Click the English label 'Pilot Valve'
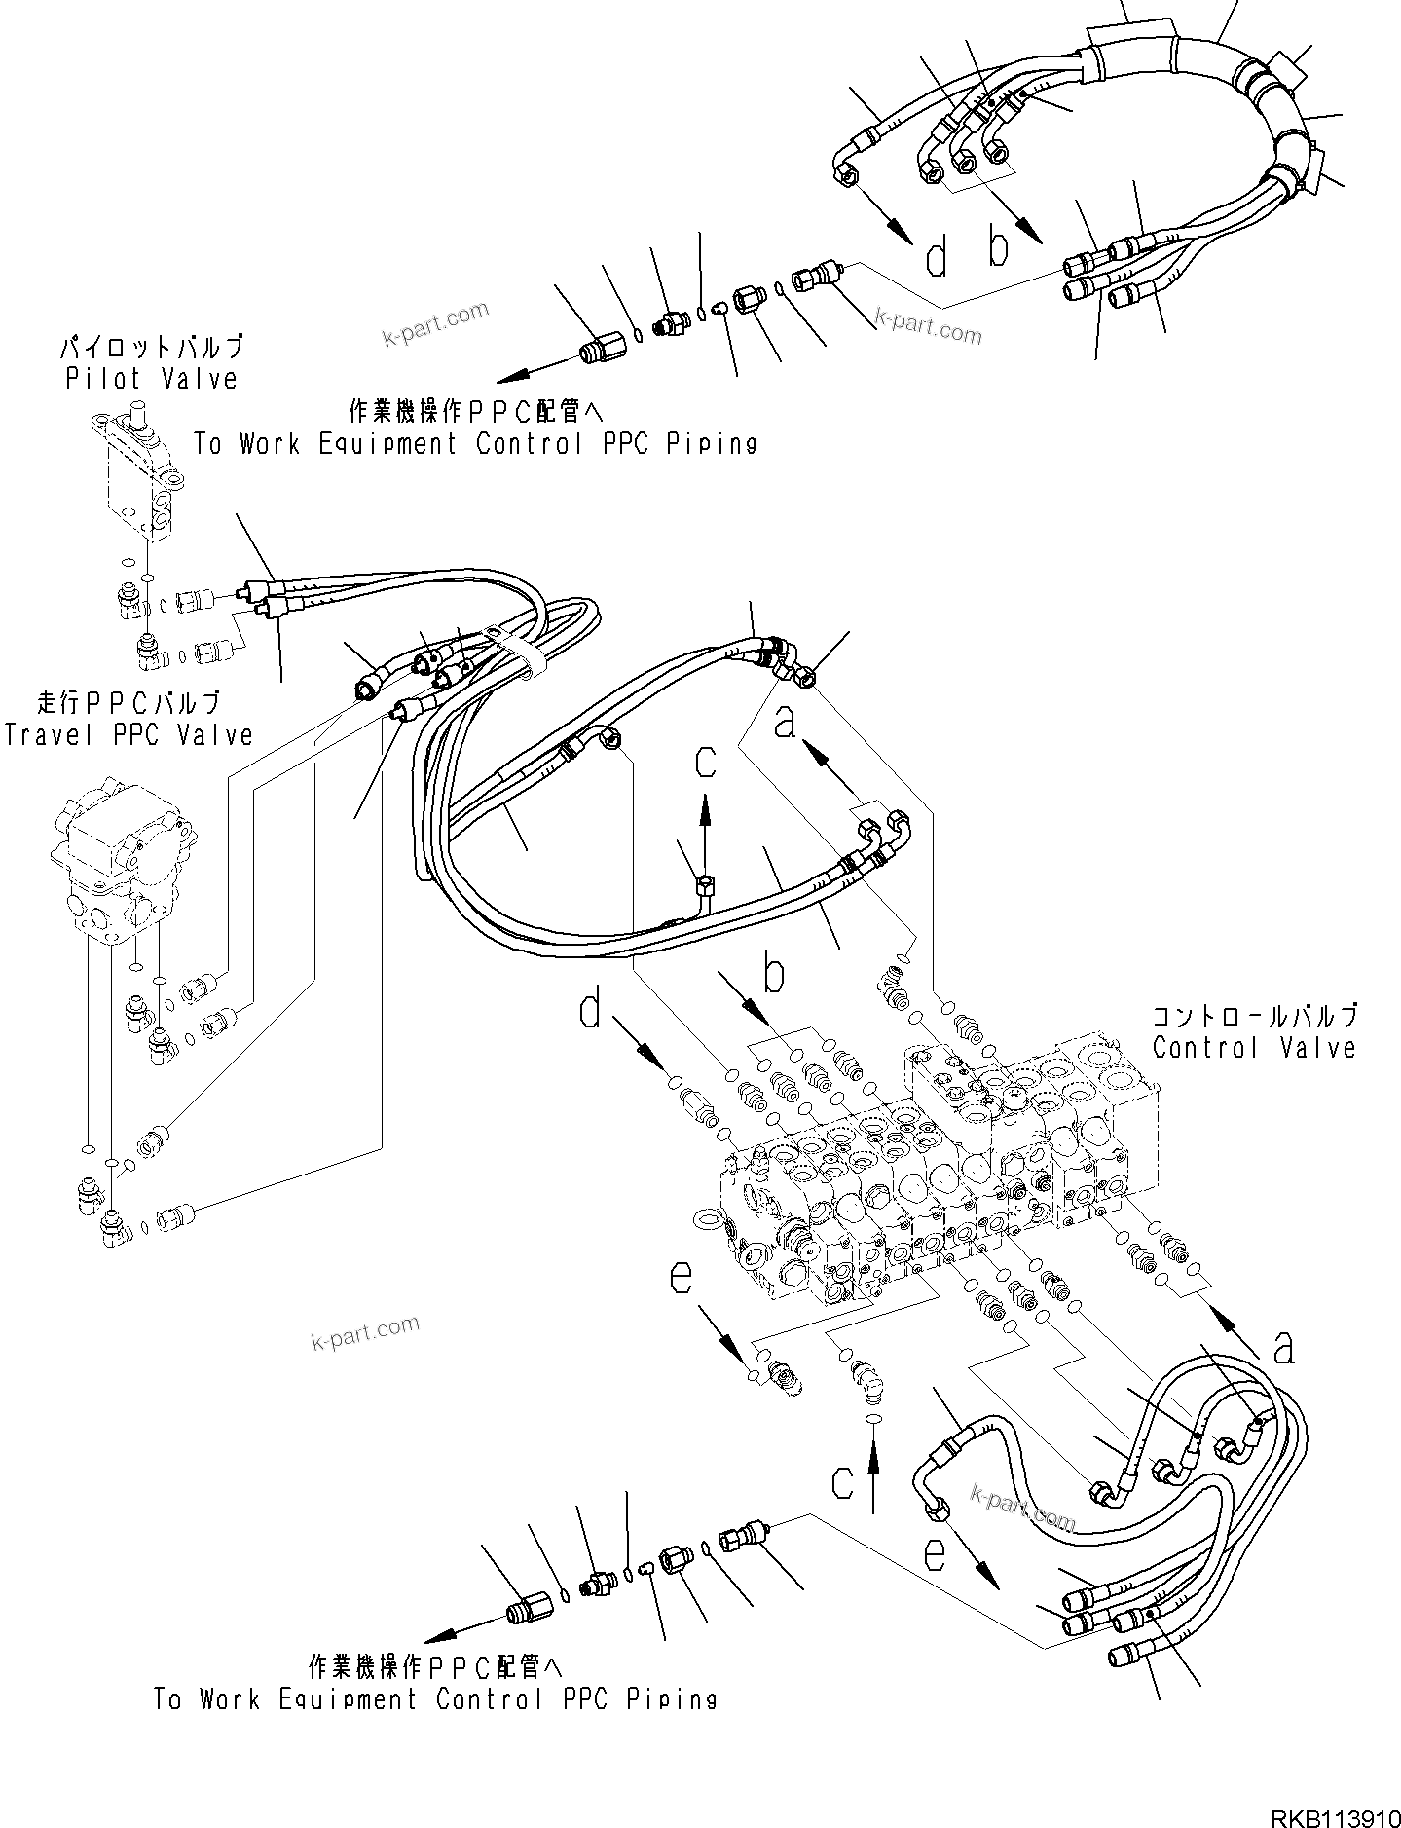pyautogui.click(x=151, y=379)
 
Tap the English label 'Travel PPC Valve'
pyautogui.click(x=128, y=734)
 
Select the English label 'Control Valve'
pyautogui.click(x=1254, y=1048)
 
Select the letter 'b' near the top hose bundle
pyautogui.click(x=999, y=246)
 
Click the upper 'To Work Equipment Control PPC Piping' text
pyautogui.click(x=475, y=444)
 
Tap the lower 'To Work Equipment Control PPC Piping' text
pyautogui.click(x=435, y=1699)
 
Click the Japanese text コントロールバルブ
pyautogui.click(x=1254, y=1017)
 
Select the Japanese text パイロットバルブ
pyautogui.click(x=151, y=347)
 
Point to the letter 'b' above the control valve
pyautogui.click(x=774, y=974)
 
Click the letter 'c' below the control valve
pyautogui.click(x=843, y=1508)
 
